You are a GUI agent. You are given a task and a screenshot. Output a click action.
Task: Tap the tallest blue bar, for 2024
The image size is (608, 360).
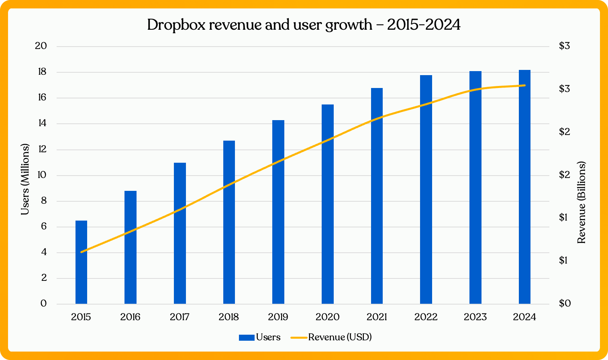[524, 187]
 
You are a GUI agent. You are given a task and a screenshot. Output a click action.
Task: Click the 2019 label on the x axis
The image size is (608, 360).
[278, 317]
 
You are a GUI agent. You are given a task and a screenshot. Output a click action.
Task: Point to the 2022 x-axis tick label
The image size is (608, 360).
[426, 317]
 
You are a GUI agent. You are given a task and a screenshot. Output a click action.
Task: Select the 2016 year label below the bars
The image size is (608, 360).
[131, 317]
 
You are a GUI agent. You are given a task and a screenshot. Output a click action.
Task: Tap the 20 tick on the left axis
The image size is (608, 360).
[41, 46]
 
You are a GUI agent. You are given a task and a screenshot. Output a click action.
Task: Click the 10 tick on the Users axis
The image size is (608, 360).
[41, 175]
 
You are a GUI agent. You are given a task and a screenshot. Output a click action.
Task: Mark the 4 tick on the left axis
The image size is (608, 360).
[44, 252]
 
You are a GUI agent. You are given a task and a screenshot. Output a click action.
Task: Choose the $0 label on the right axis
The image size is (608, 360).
[565, 303]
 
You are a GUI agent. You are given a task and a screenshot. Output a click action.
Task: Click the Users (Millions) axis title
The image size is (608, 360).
[25, 179]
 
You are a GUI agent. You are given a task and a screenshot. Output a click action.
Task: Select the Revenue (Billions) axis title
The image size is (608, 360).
[581, 202]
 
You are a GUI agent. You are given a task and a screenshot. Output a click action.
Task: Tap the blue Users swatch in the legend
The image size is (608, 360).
[246, 337]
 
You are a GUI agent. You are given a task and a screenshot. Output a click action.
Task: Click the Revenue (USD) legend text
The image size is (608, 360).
[340, 337]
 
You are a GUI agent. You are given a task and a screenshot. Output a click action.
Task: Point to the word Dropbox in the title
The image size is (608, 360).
[176, 25]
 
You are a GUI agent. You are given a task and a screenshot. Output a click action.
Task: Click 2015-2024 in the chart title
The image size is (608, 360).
[424, 25]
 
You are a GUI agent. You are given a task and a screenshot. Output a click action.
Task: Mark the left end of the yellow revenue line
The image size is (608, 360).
[82, 252]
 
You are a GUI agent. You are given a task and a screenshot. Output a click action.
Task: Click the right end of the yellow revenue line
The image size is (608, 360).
[524, 85]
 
